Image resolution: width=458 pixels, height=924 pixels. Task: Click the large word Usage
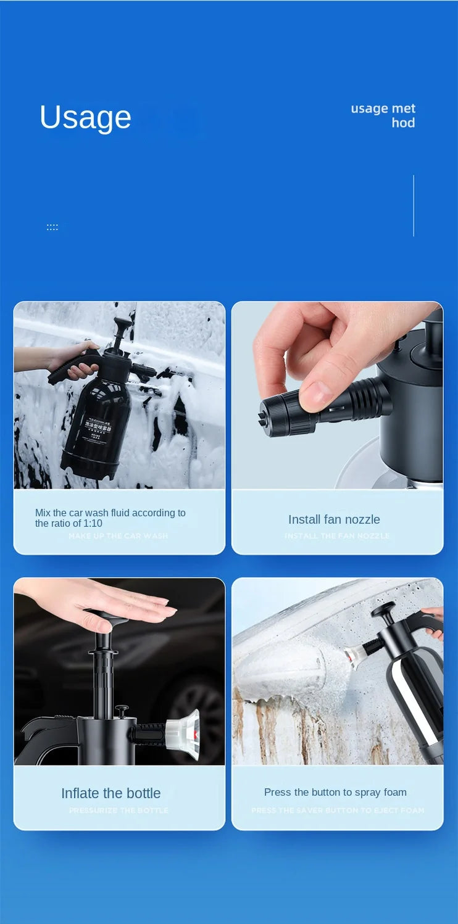point(85,117)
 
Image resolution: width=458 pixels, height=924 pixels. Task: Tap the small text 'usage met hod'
point(384,115)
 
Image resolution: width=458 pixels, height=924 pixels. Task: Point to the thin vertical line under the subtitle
point(413,205)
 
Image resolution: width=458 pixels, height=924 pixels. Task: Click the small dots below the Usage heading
point(52,228)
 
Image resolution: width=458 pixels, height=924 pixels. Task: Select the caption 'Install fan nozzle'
point(334,519)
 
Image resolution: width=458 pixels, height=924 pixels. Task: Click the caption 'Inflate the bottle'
point(110,793)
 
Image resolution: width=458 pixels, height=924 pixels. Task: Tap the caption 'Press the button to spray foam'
point(335,792)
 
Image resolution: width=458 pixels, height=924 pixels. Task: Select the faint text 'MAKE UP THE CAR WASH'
point(118,536)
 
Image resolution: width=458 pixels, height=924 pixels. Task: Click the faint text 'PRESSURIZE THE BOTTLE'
point(119,811)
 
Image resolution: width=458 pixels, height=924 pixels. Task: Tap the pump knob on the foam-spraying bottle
point(383,611)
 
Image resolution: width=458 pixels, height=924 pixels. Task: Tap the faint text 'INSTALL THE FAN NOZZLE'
point(337,536)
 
